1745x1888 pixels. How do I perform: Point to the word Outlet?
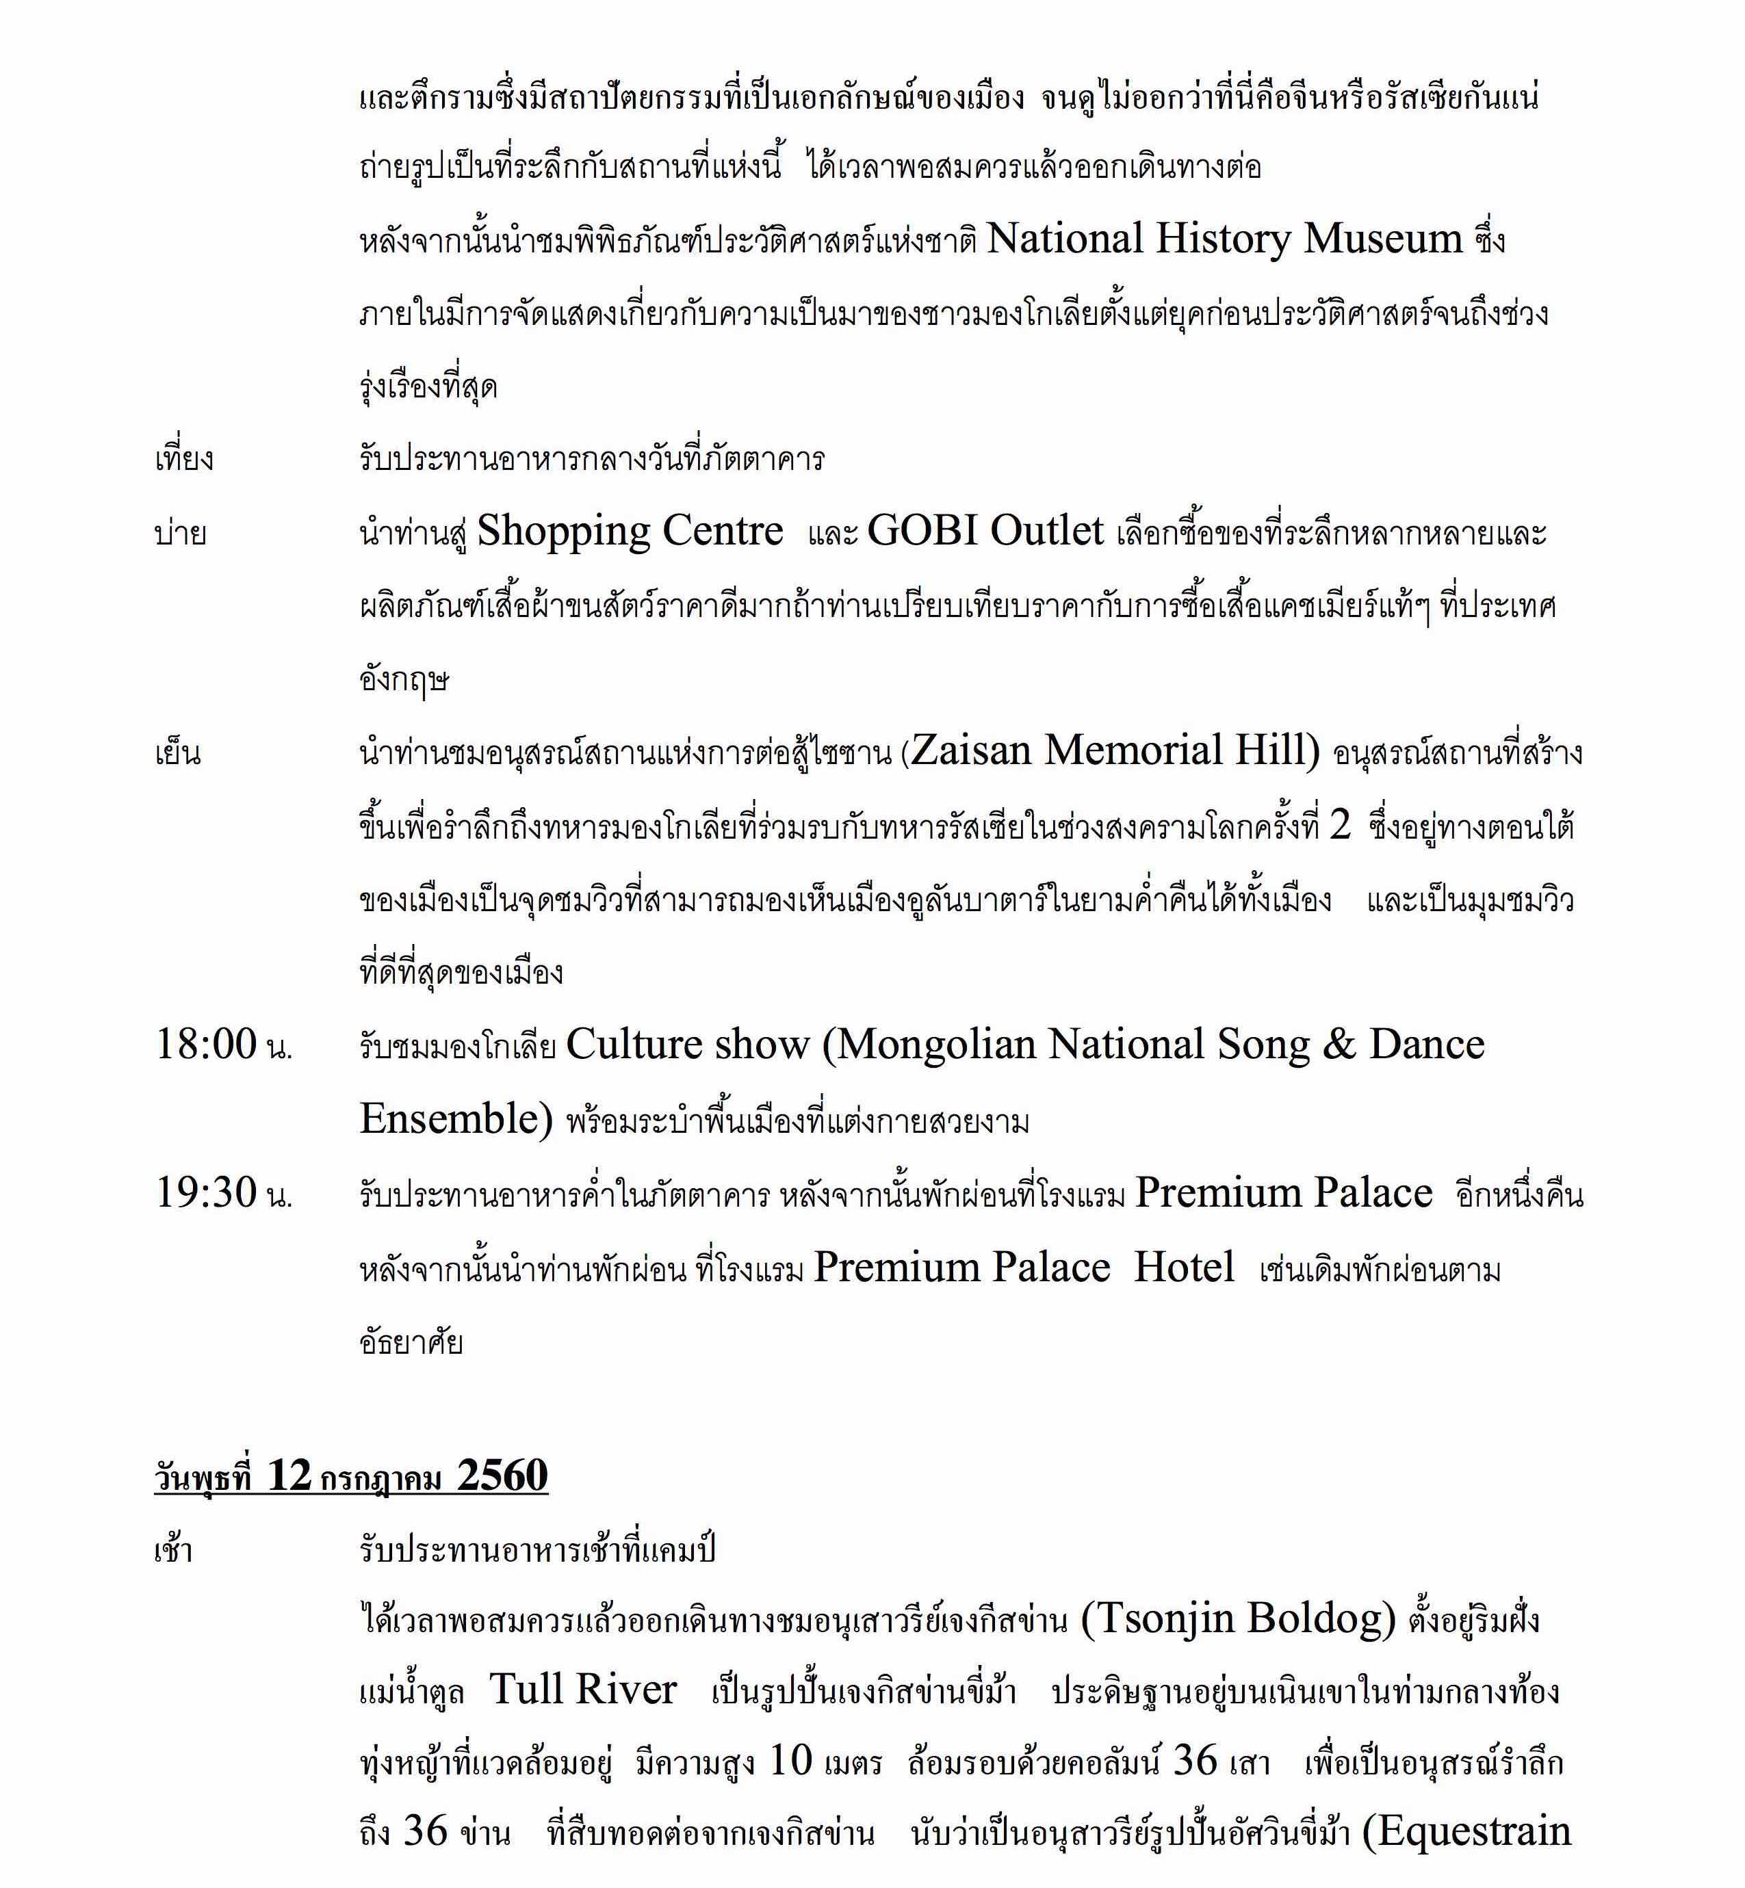pyautogui.click(x=1046, y=532)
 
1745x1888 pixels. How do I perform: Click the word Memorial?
pyautogui.click(x=1121, y=750)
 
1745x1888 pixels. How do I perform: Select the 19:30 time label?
pyautogui.click(x=206, y=1194)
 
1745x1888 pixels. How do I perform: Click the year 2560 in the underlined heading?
pyautogui.click(x=502, y=1476)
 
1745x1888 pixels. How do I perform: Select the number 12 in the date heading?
pyautogui.click(x=289, y=1476)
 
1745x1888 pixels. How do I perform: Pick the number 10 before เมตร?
pyautogui.click(x=791, y=1761)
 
